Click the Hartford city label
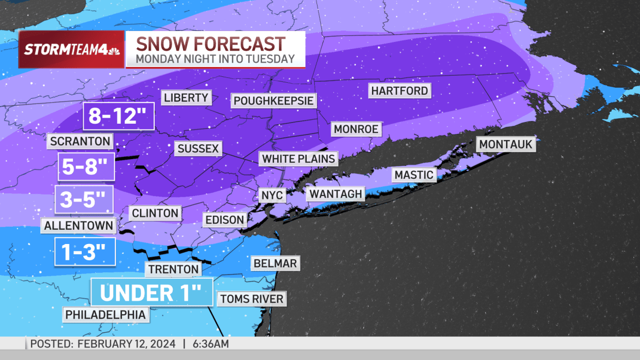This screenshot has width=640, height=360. (400, 90)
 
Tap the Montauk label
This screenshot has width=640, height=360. (506, 145)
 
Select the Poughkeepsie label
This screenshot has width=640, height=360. (273, 101)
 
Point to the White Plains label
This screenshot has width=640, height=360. (298, 159)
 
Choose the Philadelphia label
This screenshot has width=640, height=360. (106, 314)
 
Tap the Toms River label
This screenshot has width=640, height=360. (252, 298)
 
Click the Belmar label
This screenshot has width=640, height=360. (275, 264)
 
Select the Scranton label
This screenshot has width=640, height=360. (80, 142)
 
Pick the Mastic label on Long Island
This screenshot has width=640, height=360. (414, 175)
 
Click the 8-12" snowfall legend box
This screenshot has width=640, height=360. (119, 116)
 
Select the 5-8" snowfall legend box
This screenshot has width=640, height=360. (86, 166)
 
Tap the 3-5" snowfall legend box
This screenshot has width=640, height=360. (83, 200)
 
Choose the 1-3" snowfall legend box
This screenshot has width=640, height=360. (85, 252)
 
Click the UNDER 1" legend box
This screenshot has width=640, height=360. (151, 292)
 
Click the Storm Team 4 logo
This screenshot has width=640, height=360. (71, 50)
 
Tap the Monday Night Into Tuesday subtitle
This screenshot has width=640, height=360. (215, 59)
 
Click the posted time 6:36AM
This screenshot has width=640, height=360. (210, 344)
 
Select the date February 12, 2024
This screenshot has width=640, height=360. (127, 344)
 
